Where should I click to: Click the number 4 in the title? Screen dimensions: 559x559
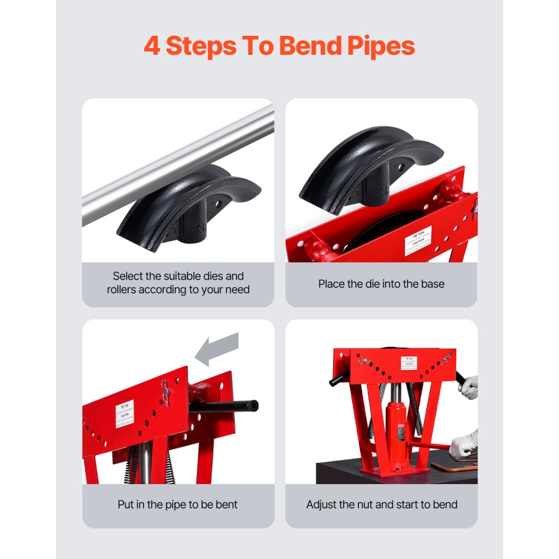[x=152, y=46]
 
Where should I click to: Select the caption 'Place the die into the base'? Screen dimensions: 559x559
[x=381, y=284]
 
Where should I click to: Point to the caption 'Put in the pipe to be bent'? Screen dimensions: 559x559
[x=178, y=505]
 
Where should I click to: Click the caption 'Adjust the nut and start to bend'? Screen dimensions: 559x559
[x=381, y=505]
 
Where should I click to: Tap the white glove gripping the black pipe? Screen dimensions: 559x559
[x=468, y=386]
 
